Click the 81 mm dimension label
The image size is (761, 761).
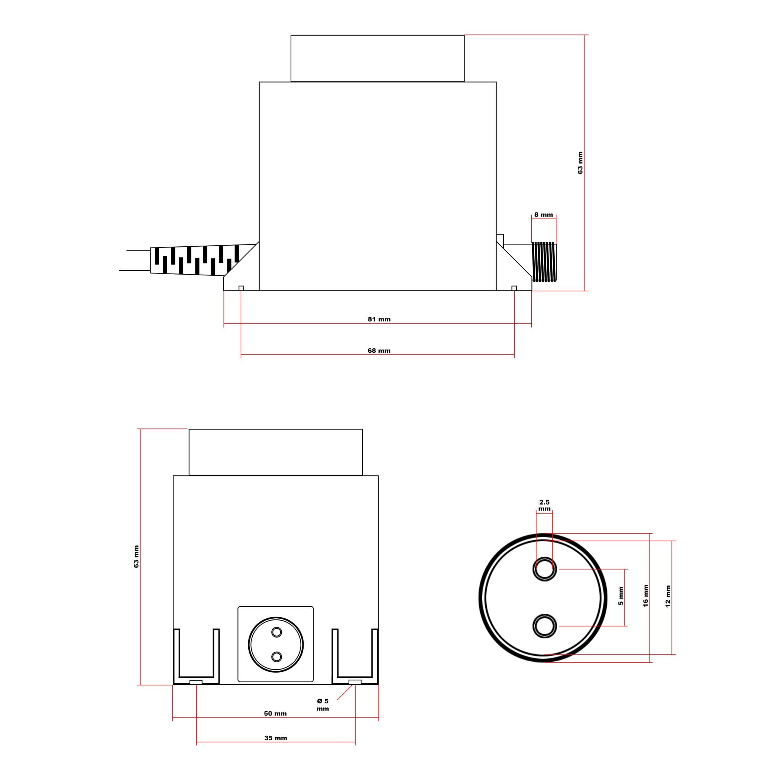click(379, 319)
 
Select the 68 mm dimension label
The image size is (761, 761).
click(379, 350)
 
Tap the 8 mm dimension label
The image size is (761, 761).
click(544, 215)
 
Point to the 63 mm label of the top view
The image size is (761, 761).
click(580, 163)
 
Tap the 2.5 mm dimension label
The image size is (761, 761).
click(544, 505)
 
